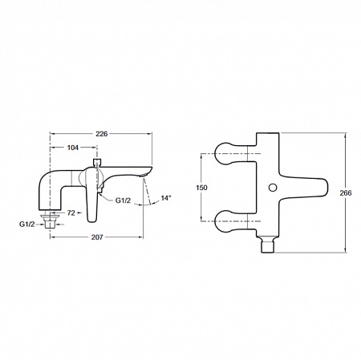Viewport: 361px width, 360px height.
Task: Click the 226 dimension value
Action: pyautogui.click(x=102, y=134)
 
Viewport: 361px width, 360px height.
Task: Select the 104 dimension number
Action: pyautogui.click(x=73, y=148)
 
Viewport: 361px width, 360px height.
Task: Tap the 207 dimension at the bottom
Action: pyautogui.click(x=97, y=237)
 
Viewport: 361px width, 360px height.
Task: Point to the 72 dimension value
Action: pyautogui.click(x=71, y=213)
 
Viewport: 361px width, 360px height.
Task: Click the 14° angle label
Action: pyautogui.click(x=166, y=198)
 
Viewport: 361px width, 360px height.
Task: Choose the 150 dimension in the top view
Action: pyautogui.click(x=201, y=188)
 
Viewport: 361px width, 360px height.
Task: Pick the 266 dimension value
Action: pyautogui.click(x=346, y=192)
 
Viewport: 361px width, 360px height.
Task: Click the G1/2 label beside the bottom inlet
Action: pyautogui.click(x=27, y=224)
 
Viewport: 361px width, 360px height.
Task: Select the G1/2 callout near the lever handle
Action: pyautogui.click(x=123, y=200)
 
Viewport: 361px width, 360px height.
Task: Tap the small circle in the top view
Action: pyautogui.click(x=273, y=188)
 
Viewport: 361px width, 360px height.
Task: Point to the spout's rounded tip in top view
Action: pyautogui.click(x=322, y=188)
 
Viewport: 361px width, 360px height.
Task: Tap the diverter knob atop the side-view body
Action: pyautogui.click(x=96, y=163)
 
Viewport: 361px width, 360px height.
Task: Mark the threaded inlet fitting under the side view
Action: pyautogui.click(x=51, y=220)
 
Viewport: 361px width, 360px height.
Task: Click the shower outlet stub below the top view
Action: pyautogui.click(x=268, y=244)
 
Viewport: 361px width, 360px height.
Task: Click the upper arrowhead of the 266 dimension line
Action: pyautogui.click(x=346, y=135)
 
